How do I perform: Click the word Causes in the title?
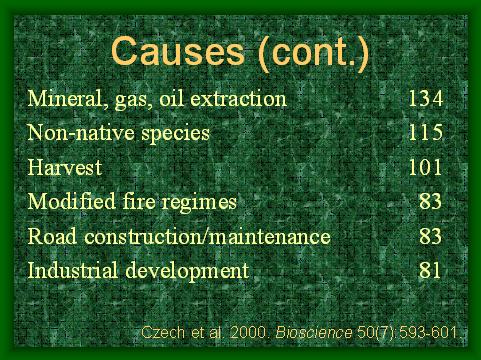pos(178,52)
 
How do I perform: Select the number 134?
pos(426,98)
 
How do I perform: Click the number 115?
pos(426,132)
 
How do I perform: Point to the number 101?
pos(425,167)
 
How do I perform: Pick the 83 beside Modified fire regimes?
pos(430,201)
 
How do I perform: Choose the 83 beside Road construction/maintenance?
pos(430,236)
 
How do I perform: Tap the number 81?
pos(430,270)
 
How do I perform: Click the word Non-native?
pos(81,132)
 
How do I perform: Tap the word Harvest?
pos(65,167)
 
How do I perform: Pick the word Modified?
pos(71,201)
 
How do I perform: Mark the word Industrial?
pos(73,270)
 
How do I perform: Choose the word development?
pos(187,271)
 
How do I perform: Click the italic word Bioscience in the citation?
pos(314,332)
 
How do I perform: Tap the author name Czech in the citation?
pos(163,332)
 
